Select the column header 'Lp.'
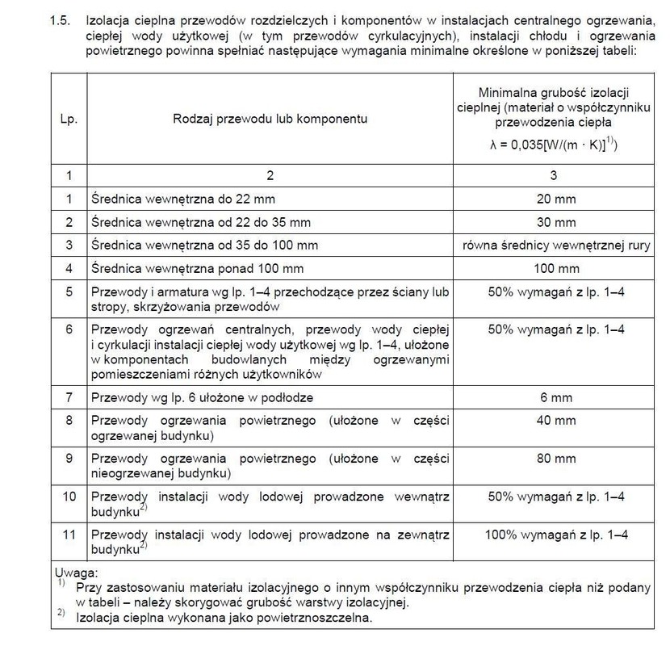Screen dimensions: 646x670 [x=69, y=119]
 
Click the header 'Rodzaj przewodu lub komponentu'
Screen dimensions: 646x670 [x=270, y=119]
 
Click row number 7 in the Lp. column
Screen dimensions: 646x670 [x=69, y=397]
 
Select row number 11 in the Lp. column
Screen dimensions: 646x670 [x=69, y=535]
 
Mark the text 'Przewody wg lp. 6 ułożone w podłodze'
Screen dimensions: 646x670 [x=202, y=397]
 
